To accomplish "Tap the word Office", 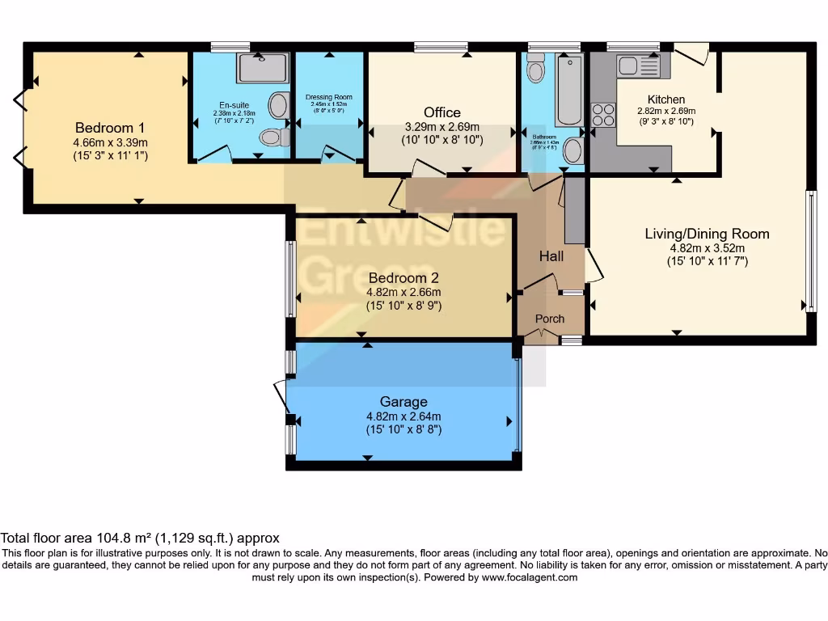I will pos(442,112).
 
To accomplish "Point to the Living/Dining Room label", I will pos(707,234).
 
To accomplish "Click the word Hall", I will pos(551,256).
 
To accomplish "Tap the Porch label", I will pos(550,319).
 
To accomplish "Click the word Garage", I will pos(403,402).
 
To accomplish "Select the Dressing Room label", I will pos(329,97).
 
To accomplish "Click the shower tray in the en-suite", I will pos(262,69).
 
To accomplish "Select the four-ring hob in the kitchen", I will pos(602,114).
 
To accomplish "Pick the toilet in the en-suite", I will pos(276,137).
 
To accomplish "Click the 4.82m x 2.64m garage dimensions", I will pos(403,416).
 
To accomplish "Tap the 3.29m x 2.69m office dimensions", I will pos(442,127).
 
